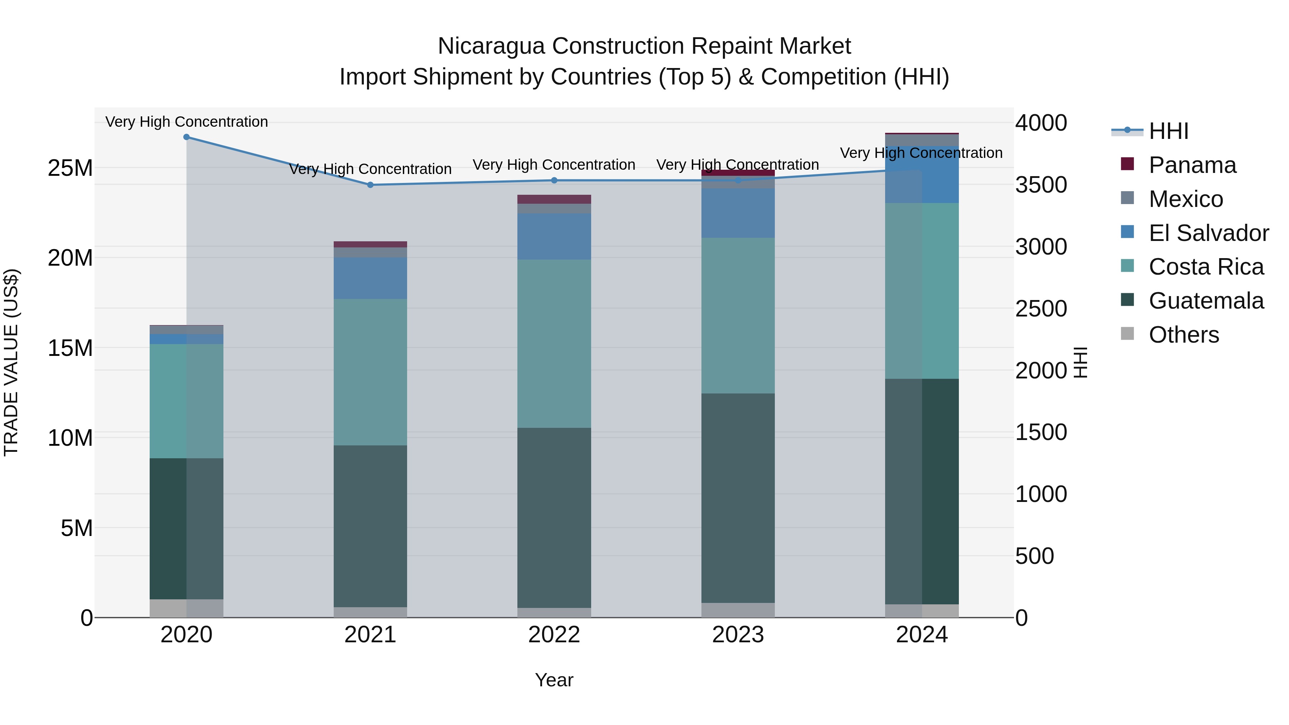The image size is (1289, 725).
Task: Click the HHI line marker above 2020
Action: click(x=187, y=137)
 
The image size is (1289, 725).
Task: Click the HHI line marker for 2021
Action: click(x=370, y=185)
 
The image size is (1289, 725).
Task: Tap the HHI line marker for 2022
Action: click(x=554, y=181)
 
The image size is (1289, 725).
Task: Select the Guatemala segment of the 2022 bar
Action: click(x=554, y=518)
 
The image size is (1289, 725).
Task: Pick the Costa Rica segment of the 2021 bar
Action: click(x=370, y=372)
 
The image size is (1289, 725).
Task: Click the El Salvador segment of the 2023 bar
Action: click(x=738, y=213)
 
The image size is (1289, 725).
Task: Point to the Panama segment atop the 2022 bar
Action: click(x=554, y=199)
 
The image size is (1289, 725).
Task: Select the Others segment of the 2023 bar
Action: click(x=738, y=610)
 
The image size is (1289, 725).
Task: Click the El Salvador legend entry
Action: click(x=1208, y=233)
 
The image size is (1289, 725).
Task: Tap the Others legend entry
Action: click(x=1183, y=335)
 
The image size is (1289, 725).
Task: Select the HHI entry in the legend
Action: click(x=1168, y=131)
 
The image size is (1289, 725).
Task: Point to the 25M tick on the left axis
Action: click(x=70, y=168)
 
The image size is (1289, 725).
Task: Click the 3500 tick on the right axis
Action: click(x=1041, y=185)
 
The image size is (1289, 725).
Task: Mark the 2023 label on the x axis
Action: click(x=738, y=635)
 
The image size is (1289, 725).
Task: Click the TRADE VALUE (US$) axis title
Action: click(x=11, y=362)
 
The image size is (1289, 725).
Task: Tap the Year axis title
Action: click(x=554, y=680)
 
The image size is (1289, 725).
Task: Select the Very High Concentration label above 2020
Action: click(x=187, y=122)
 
